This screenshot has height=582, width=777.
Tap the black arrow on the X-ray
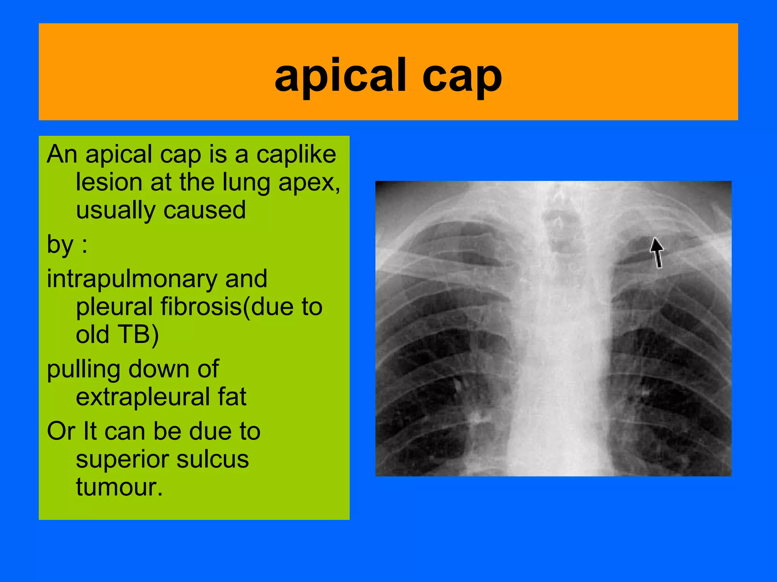coord(657,252)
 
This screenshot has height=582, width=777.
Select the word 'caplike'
coord(296,155)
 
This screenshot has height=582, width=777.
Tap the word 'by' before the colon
coord(60,245)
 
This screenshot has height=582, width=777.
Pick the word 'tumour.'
coord(119,487)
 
